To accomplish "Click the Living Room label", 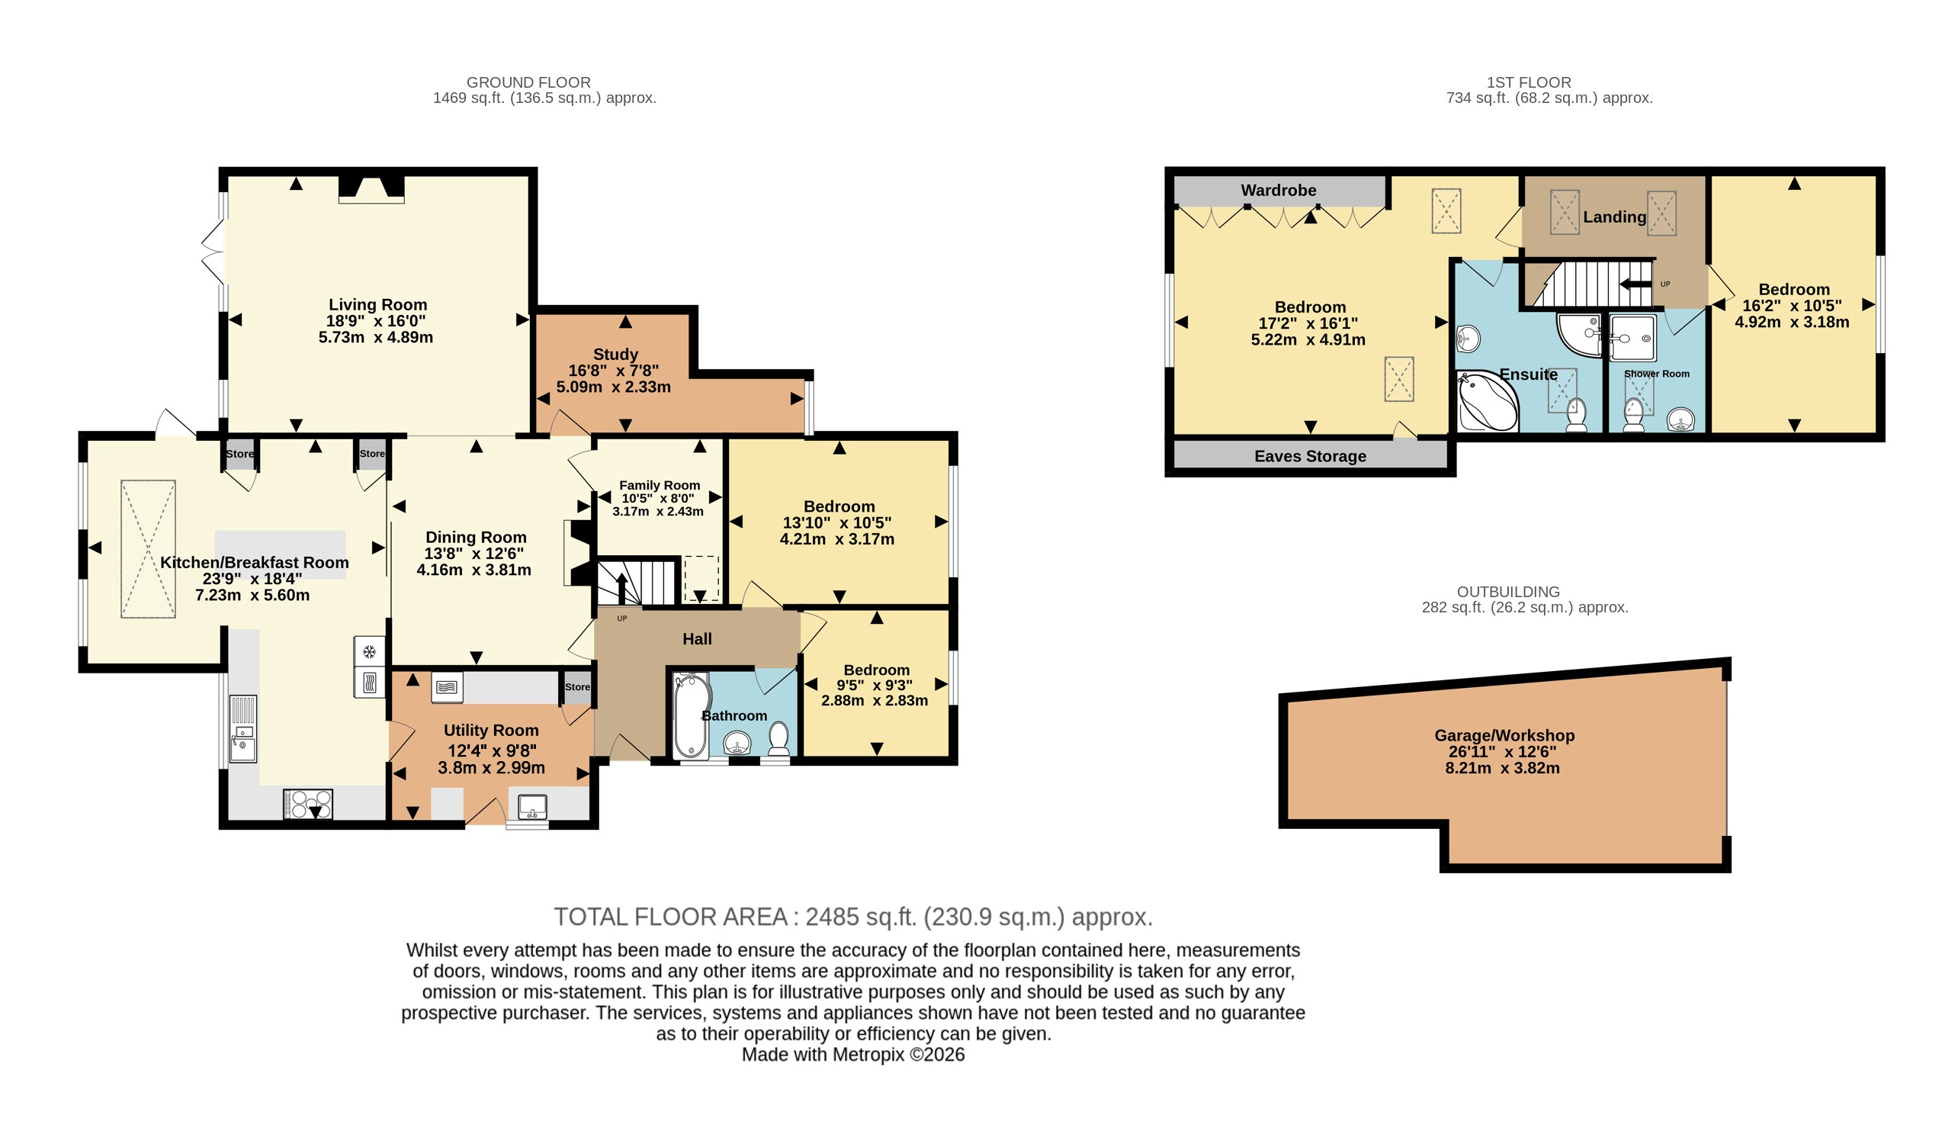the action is click(377, 304).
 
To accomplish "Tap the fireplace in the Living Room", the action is click(371, 189).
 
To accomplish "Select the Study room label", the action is click(615, 355).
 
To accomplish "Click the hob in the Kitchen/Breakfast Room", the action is click(309, 804).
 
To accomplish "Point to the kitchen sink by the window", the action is click(243, 728).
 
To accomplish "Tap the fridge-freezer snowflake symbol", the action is click(370, 651).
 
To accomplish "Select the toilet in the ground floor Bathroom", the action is click(778, 739).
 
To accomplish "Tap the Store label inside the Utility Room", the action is click(577, 687).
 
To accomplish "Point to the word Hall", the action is click(697, 639).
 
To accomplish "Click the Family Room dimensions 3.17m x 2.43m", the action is click(658, 511).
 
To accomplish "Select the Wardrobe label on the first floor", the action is click(1278, 191).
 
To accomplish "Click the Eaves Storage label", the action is click(1310, 456).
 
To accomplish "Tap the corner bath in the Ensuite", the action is click(1487, 401).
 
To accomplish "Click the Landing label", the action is click(1615, 217).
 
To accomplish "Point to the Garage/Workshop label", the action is click(1504, 735).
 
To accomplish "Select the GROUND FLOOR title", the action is click(528, 82).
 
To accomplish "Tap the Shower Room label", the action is click(1657, 374).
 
